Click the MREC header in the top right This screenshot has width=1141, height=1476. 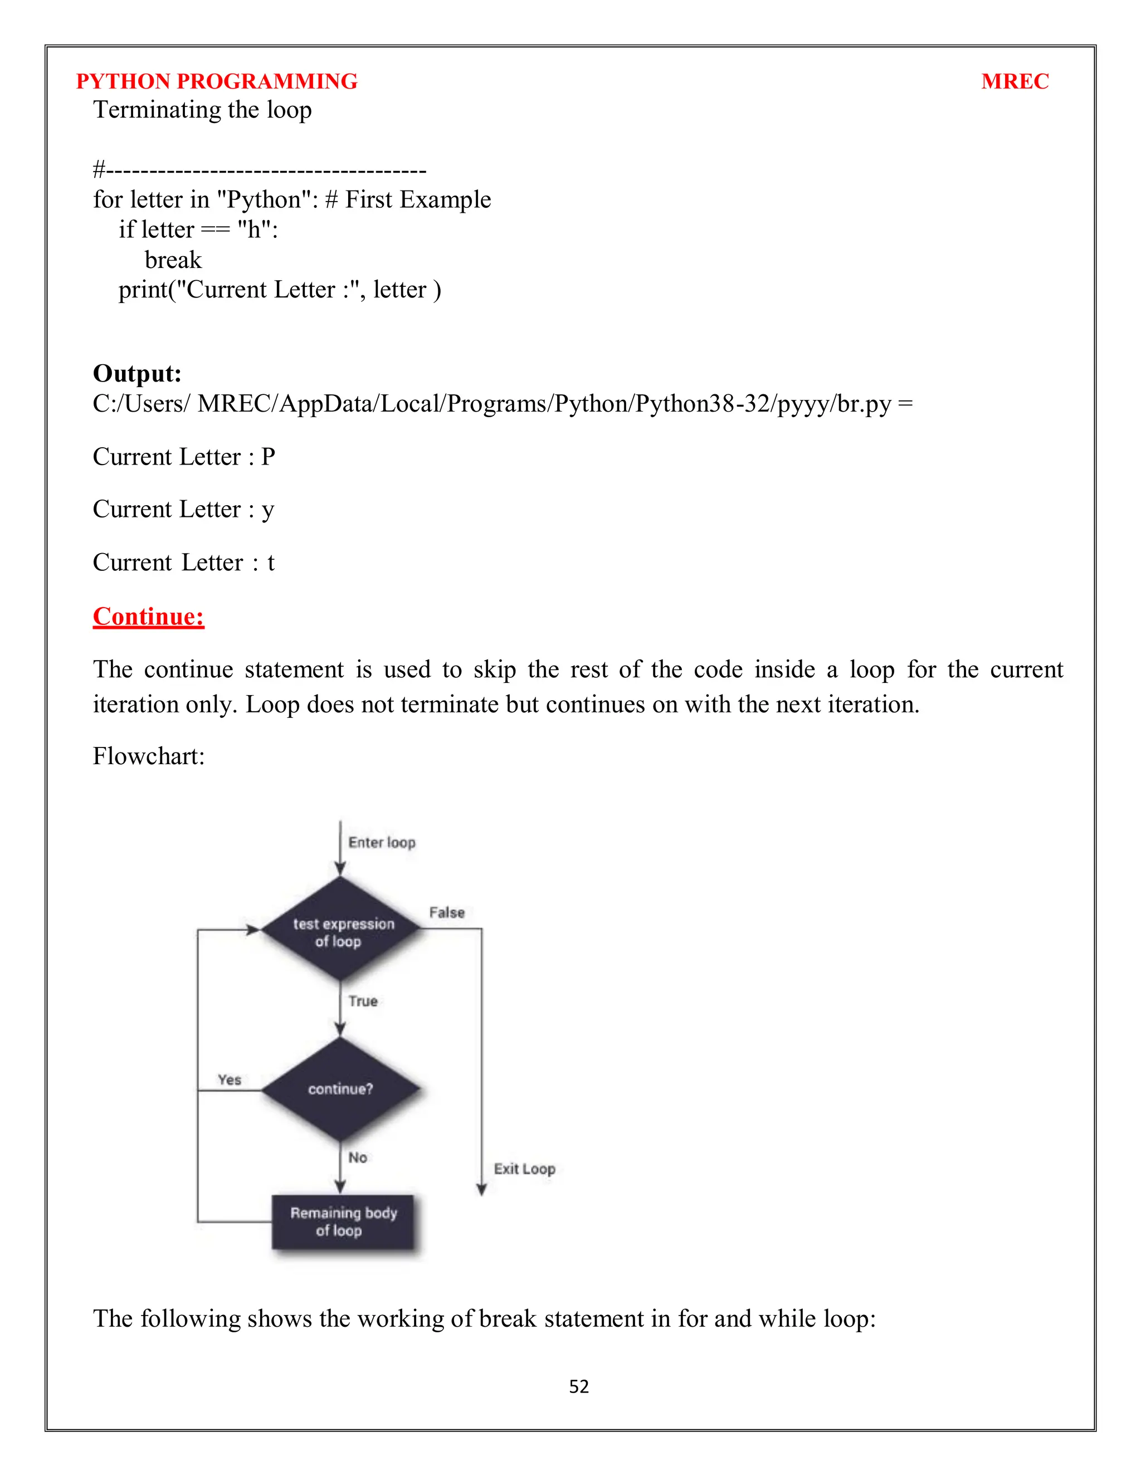[1014, 82]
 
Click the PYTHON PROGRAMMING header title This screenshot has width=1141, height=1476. [216, 82]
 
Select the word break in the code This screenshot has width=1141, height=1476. [173, 260]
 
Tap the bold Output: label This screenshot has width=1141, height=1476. [137, 374]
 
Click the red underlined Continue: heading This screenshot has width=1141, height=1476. [149, 617]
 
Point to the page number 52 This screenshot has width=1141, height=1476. [579, 1387]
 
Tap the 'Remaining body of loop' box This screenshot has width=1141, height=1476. [343, 1222]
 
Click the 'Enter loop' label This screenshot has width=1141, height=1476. [382, 843]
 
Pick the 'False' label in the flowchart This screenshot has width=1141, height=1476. [447, 912]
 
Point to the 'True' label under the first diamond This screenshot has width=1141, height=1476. [363, 1001]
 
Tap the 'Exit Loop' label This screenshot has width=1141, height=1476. [524, 1169]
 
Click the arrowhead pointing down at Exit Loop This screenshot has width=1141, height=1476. [481, 1190]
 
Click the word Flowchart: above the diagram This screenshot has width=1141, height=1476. [149, 756]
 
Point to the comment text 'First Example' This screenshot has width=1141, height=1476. [418, 200]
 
